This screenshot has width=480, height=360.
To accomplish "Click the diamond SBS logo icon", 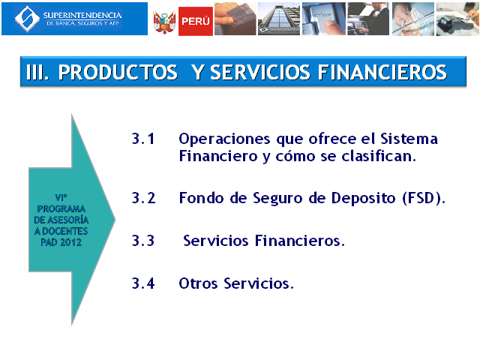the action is click(27, 19).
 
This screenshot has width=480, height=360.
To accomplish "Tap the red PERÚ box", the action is click(196, 21).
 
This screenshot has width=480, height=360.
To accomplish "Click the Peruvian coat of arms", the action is click(165, 22).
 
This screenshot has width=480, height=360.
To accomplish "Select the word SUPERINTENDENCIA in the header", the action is click(82, 15).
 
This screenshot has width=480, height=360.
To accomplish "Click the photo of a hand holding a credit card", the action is click(235, 19).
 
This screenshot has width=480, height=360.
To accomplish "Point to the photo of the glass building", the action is click(279, 19).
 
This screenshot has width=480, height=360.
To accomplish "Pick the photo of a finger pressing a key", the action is click(324, 19).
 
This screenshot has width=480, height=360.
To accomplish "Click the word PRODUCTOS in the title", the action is click(118, 73).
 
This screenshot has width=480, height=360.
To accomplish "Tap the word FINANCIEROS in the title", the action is click(382, 73).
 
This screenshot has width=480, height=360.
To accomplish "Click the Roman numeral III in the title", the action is click(37, 73).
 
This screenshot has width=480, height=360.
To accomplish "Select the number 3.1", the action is click(143, 139).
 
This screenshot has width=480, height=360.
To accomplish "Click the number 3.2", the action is click(143, 198).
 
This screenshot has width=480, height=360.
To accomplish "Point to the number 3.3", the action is click(143, 241).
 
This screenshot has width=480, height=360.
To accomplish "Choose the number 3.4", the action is click(143, 283).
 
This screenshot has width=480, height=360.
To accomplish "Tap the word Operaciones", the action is click(224, 139).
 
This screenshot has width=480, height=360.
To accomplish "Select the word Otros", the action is click(198, 283).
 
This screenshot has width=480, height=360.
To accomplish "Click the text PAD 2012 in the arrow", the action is click(61, 242).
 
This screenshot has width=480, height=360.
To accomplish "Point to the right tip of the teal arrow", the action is click(115, 219).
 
